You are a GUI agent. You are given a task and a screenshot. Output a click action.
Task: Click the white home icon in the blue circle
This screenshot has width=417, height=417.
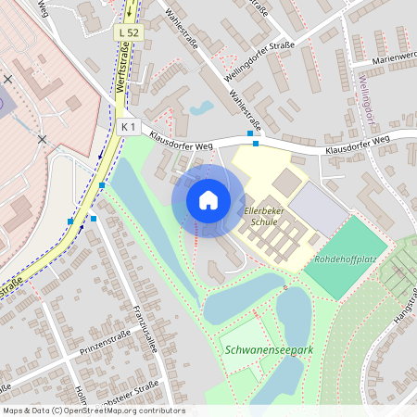[208, 199]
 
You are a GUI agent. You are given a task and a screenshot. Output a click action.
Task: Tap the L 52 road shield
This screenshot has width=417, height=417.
[128, 32]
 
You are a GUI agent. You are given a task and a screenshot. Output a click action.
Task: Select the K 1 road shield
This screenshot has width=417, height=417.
[129, 126]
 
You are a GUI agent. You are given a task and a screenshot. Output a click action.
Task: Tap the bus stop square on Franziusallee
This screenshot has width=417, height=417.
[94, 219]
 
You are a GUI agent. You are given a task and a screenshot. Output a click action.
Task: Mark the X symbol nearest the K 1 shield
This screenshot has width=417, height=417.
[42, 138]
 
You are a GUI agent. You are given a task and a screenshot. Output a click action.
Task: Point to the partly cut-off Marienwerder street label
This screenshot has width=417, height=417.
[393, 57]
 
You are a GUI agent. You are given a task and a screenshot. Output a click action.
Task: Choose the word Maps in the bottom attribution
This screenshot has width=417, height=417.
[13, 411]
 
